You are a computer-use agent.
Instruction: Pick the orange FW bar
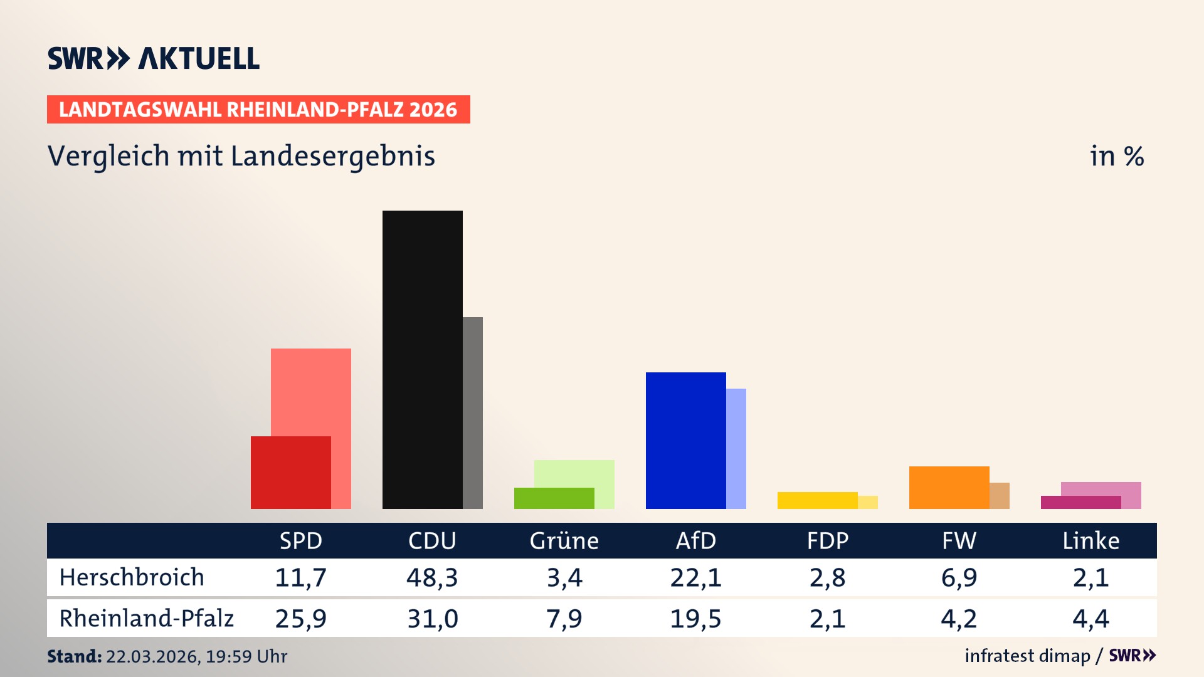949,487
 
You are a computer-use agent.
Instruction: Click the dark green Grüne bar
554,498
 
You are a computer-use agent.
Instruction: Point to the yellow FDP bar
817,500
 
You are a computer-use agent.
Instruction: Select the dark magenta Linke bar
1080,502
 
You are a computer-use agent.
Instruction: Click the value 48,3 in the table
432,577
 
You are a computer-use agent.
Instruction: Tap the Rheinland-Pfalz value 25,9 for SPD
300,619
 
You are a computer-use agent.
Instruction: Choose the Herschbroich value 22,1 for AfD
695,577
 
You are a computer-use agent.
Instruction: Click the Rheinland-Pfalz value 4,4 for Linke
1090,619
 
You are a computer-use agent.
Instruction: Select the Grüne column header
564,540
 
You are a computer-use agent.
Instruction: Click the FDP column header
827,540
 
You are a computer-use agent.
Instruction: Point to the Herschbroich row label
132,577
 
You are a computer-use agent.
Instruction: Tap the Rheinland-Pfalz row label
146,619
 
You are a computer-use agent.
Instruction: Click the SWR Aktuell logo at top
154,58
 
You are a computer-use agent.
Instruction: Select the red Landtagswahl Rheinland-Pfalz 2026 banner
258,110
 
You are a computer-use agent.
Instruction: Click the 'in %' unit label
1116,156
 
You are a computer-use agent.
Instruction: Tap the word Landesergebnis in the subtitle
332,157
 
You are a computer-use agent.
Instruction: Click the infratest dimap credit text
1027,656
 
